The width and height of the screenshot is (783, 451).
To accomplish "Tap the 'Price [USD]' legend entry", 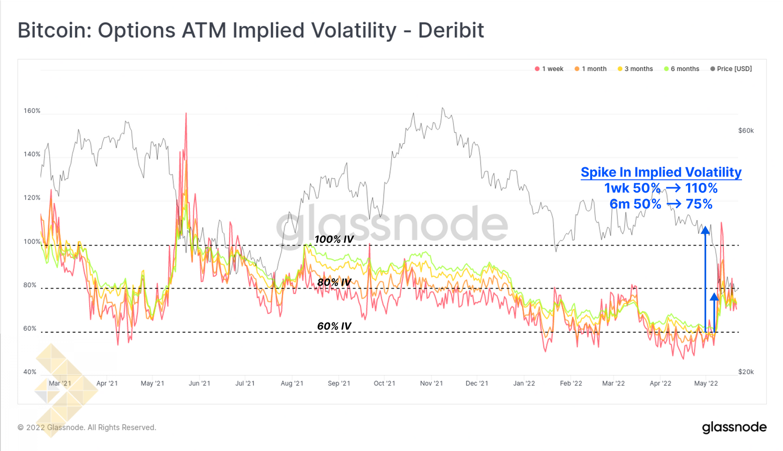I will tap(731, 69).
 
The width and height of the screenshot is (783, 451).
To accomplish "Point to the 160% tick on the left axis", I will tap(32, 111).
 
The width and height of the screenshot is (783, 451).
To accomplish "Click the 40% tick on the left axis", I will tap(30, 372).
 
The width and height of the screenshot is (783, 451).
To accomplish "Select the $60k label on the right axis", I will tap(746, 131).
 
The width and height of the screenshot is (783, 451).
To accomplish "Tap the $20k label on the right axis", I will tap(746, 372).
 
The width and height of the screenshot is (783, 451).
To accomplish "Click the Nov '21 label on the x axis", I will tap(431, 383).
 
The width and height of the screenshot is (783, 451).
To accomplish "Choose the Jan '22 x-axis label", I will tap(524, 383).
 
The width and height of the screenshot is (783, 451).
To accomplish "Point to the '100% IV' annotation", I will tap(334, 239).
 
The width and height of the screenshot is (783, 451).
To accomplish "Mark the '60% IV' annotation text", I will tap(334, 326).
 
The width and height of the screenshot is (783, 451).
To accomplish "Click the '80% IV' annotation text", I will tap(334, 283).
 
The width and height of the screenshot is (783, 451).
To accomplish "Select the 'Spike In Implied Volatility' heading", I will tap(661, 172).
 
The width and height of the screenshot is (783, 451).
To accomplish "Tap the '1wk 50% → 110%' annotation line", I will tap(661, 188).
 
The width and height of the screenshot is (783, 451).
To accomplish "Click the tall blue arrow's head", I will tap(705, 229).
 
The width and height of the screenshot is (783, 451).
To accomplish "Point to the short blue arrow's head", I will tap(714, 296).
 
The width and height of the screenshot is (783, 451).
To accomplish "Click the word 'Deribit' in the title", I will tap(451, 30).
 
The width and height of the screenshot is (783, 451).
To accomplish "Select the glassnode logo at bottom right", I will tap(734, 428).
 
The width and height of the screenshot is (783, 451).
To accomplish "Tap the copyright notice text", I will tap(87, 428).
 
